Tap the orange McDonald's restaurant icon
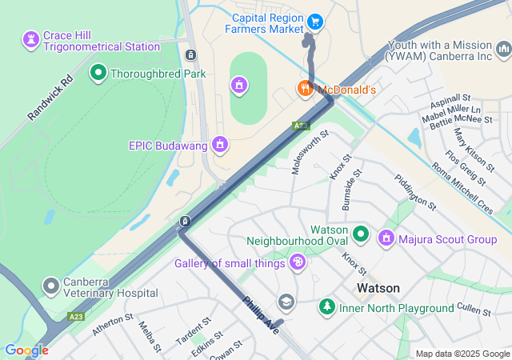305,89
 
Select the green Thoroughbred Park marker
99,74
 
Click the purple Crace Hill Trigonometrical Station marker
31,38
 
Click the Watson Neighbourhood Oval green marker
361,234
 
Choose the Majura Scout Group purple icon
386,238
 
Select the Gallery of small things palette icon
298,262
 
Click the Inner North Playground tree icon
326,306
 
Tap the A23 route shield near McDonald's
300,126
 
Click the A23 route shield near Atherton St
76,317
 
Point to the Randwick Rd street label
50,98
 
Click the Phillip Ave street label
260,314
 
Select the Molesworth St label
310,153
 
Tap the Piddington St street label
414,192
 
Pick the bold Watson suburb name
378,288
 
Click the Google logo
26,350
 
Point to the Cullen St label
478,308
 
